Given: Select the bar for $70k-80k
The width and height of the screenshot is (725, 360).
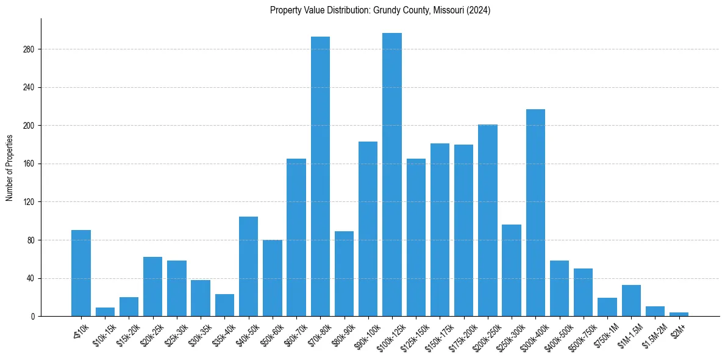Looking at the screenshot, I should (x=320, y=176).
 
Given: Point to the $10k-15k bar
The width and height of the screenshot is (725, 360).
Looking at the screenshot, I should (x=105, y=312).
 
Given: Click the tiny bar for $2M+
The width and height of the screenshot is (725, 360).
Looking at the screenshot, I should (x=679, y=314).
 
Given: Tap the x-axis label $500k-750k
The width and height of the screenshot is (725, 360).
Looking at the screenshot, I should (x=580, y=334).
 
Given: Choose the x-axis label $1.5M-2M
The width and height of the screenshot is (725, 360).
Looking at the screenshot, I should (x=652, y=334).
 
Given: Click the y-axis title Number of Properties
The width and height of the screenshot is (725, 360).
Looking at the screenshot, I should (x=9, y=167).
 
